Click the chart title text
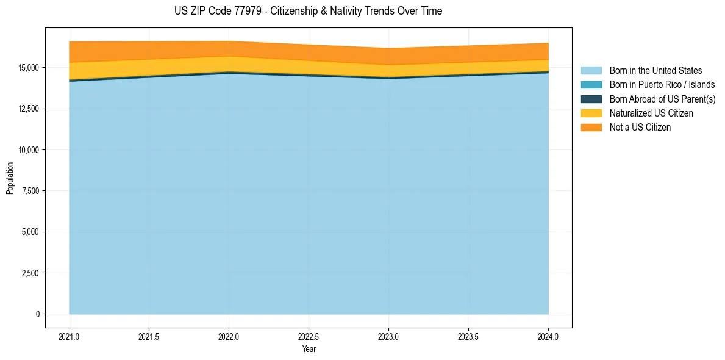pos(308,11)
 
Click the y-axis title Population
pos(10,178)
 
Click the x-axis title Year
pos(309,349)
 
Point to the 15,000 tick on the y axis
pos(28,68)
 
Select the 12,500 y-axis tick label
pos(28,109)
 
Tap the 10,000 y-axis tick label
pos(28,150)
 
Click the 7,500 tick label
pos(30,191)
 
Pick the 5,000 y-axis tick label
pos(30,232)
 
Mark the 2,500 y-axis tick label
pos(30,273)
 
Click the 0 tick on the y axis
pos(37,314)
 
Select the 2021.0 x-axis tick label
pos(70,336)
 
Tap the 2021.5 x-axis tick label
pos(149,336)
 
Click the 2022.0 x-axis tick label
pos(229,336)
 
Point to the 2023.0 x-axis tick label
pos(388,336)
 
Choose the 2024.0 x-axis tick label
pos(548,336)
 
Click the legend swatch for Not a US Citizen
pos(591,128)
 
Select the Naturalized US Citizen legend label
pos(651,113)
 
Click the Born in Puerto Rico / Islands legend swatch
pos(591,85)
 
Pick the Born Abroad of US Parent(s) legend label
pos(662,99)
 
